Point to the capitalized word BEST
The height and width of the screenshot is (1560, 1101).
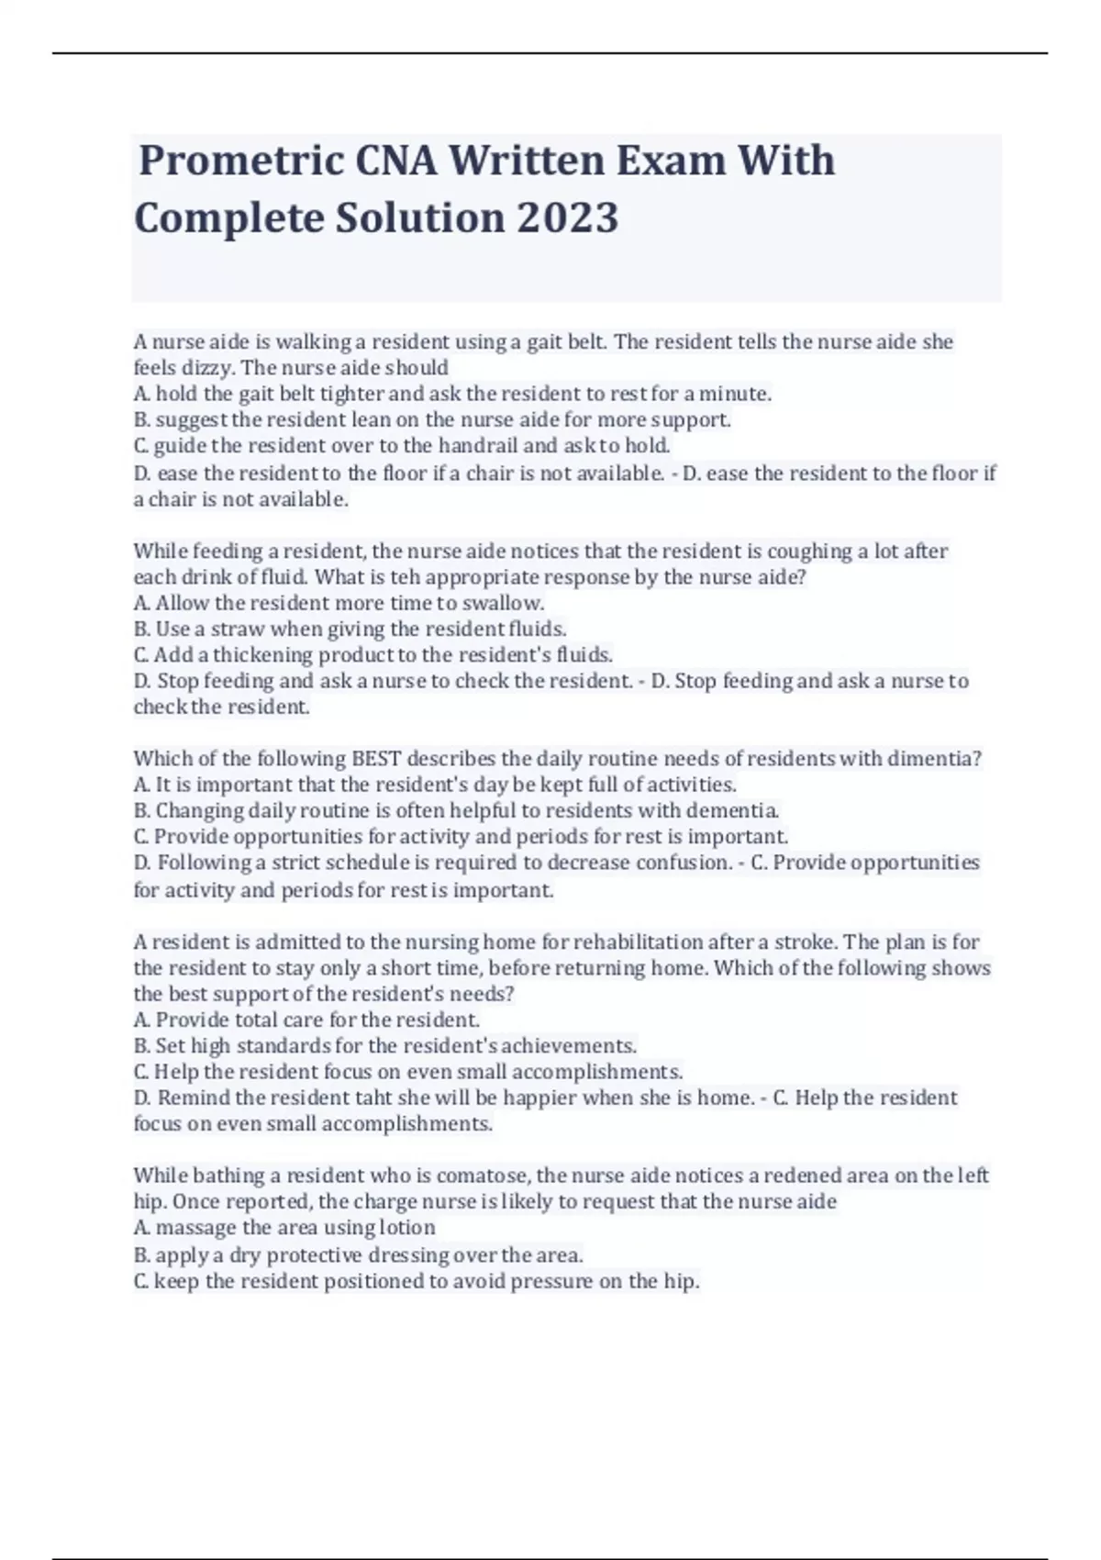(376, 759)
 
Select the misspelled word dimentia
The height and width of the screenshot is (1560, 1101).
(938, 759)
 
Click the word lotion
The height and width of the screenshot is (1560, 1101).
(406, 1228)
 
